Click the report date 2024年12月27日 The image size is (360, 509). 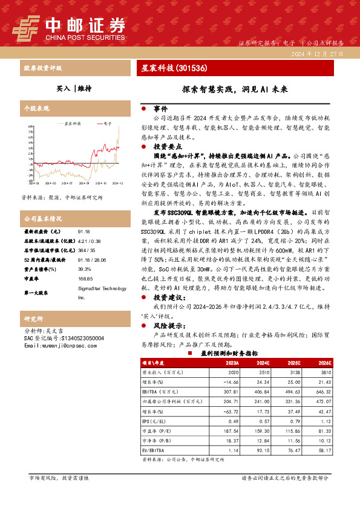(x=316, y=54)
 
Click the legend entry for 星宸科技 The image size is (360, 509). (x=71, y=123)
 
